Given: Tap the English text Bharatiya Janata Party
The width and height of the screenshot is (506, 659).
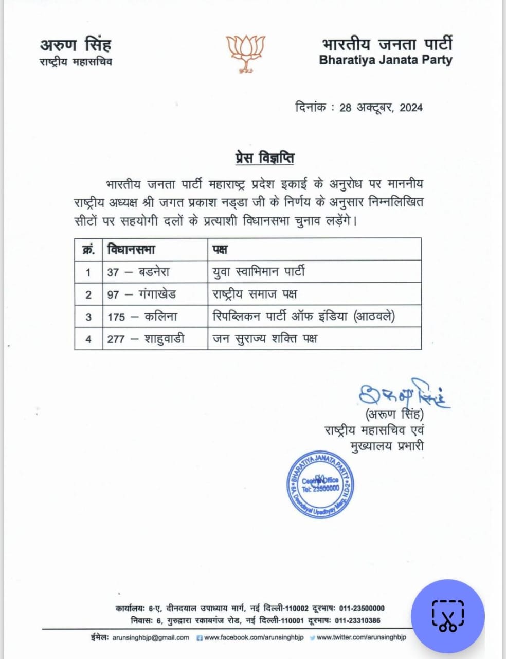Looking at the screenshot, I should pyautogui.click(x=385, y=60).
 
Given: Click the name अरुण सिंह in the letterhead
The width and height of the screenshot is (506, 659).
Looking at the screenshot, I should pyautogui.click(x=76, y=45).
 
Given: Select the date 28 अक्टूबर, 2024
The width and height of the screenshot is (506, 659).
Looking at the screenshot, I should pyautogui.click(x=381, y=108).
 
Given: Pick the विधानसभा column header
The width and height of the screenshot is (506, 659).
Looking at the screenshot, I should pyautogui.click(x=131, y=250).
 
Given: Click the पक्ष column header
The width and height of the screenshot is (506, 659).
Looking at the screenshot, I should pyautogui.click(x=220, y=250).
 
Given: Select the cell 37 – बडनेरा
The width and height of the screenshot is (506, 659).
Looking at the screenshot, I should pyautogui.click(x=138, y=272).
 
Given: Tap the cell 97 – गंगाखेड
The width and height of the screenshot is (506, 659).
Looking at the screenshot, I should pyautogui.click(x=141, y=294).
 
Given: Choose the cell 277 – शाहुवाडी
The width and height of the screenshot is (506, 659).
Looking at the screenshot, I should pyautogui.click(x=146, y=339).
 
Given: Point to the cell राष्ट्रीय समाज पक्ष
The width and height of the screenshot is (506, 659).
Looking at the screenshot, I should pyautogui.click(x=255, y=294).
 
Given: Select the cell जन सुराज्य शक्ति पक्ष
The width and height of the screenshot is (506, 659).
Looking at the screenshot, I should pyautogui.click(x=265, y=339).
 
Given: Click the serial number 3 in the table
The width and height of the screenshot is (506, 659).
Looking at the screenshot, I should pyautogui.click(x=88, y=317).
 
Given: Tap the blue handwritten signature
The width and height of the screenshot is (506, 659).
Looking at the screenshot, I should pyautogui.click(x=404, y=394).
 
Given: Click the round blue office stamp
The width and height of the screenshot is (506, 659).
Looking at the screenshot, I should pyautogui.click(x=320, y=484).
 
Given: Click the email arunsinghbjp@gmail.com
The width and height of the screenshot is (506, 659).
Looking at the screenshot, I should pyautogui.click(x=151, y=637).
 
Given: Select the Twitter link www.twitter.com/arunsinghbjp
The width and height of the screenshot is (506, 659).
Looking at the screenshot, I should pyautogui.click(x=361, y=637).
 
